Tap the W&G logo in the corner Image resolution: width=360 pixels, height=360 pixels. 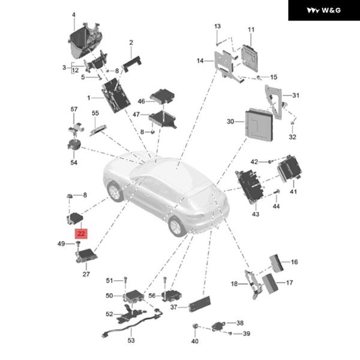click(x=323, y=10)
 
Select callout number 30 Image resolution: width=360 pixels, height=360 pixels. click(x=230, y=121)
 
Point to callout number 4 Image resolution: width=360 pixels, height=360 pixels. click(x=74, y=14)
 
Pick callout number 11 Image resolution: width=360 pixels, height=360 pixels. click(x=251, y=29)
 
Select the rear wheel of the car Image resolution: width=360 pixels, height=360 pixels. click(x=176, y=226)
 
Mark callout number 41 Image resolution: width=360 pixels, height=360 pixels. click(x=293, y=192)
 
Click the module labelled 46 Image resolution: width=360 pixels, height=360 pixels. click(x=162, y=96)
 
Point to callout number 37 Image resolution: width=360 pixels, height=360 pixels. click(x=173, y=307)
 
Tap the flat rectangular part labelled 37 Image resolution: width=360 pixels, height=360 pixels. click(x=199, y=304)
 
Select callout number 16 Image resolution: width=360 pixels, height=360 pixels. click(x=294, y=262)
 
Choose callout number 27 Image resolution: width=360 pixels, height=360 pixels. click(x=86, y=274)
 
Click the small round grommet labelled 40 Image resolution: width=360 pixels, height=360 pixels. click(x=195, y=327)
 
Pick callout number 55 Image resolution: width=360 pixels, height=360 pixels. click(x=95, y=113)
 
